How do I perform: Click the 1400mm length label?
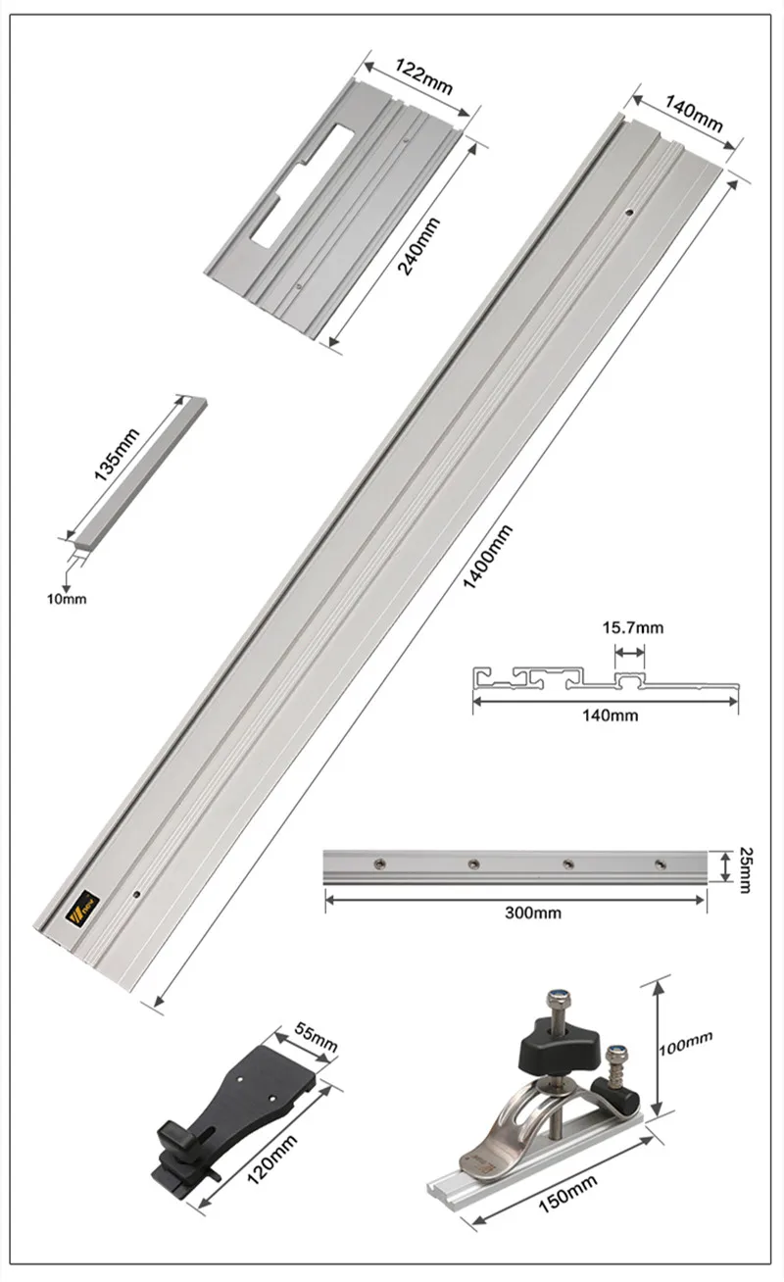pos(487,556)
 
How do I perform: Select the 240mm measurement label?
pos(418,246)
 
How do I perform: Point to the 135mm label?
pos(117,453)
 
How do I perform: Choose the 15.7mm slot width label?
pos(632,626)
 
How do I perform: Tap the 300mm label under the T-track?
pos(533,912)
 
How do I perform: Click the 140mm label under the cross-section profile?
pos(610,715)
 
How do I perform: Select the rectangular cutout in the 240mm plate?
pos(294,186)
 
